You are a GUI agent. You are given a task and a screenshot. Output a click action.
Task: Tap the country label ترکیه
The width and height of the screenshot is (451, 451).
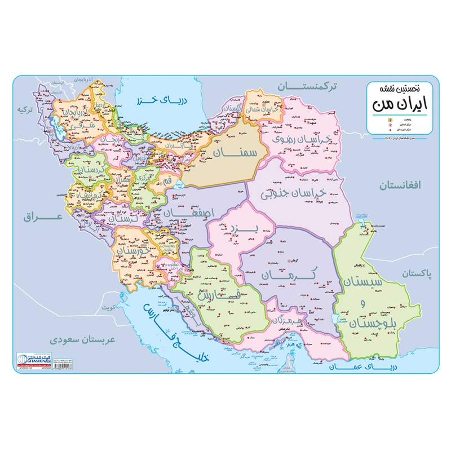24,109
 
